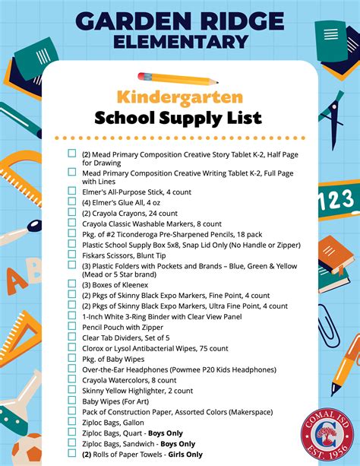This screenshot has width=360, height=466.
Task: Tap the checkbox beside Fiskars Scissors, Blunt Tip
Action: tap(71, 255)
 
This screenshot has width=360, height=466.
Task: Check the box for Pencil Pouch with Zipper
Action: tap(71, 327)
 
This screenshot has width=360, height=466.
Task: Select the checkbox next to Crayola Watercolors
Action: tap(71, 379)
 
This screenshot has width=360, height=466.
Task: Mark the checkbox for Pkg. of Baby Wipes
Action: tap(71, 358)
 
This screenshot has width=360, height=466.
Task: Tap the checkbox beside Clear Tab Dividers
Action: tap(71, 338)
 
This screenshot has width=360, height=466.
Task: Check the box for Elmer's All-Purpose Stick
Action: tap(71, 192)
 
